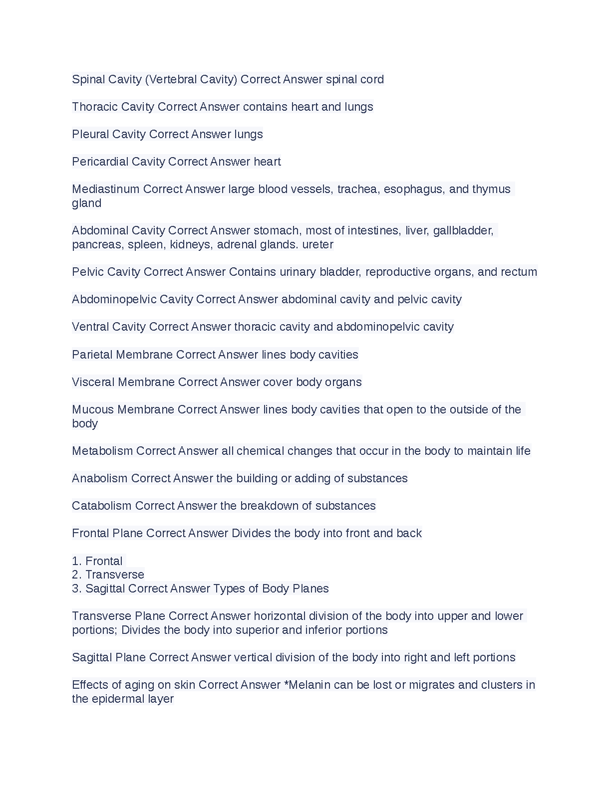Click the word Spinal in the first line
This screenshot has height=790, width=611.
point(88,79)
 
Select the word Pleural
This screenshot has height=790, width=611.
point(90,134)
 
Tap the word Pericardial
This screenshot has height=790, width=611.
point(100,162)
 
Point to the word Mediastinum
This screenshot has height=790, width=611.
point(106,189)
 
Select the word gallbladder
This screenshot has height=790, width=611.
point(463,230)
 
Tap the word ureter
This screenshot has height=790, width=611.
point(317,244)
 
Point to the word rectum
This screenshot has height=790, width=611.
point(519,272)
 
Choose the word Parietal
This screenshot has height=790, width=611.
point(92,355)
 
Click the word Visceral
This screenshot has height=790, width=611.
point(93,382)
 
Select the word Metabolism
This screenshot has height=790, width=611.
point(102,451)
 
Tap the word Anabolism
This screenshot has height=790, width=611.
point(100,478)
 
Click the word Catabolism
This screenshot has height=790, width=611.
point(102,506)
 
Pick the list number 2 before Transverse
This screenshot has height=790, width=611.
point(76,575)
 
